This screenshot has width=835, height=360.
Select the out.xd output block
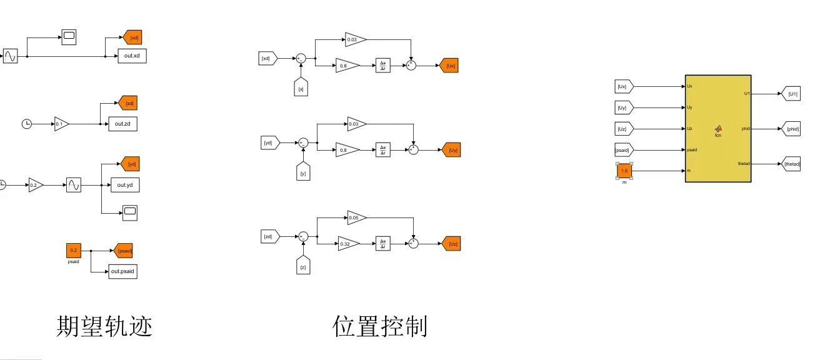pos(132,56)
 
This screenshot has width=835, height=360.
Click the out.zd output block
pos(122,124)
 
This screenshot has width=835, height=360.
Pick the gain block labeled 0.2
pos(36,185)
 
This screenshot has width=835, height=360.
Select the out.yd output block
pos(124,185)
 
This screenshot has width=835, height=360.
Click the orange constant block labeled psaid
pos(74,251)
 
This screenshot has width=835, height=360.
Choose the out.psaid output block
pos(122,271)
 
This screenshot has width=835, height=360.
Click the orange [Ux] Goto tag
pos(449,65)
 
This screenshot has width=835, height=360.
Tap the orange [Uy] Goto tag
pos(451,149)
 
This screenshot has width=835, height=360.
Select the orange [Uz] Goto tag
pos(451,244)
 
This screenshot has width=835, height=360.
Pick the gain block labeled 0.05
pos(356,218)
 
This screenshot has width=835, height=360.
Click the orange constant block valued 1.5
pos(624,171)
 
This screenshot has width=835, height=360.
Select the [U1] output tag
pos(791,94)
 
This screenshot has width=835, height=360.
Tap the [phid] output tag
pos(791,129)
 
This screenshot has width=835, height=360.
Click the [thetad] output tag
pos(792,164)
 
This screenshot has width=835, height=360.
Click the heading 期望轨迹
pos(104,326)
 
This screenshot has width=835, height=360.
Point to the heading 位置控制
pos(380,326)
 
